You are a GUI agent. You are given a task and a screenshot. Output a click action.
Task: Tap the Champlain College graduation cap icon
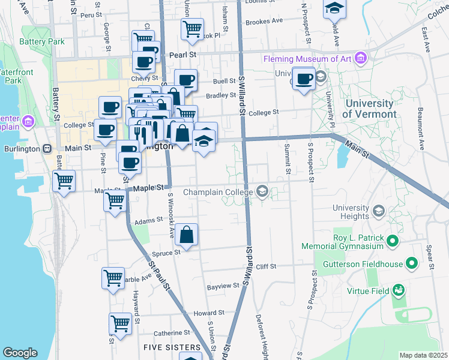pyautogui.click(x=262, y=192)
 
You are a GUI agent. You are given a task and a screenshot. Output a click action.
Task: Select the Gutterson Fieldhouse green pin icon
pyautogui.click(x=412, y=263)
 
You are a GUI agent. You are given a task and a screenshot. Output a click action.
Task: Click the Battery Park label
pyautogui.click(x=42, y=42)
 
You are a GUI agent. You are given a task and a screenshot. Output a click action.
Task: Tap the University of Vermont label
pyautogui.click(x=370, y=109)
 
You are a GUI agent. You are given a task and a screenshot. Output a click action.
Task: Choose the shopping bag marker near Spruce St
pyautogui.click(x=187, y=236)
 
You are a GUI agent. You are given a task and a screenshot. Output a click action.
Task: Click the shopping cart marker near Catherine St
pyautogui.click(x=120, y=323)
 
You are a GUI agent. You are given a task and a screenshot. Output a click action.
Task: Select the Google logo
pyautogui.click(x=20, y=353)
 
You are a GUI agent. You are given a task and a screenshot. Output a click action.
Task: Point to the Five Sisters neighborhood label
pyautogui.click(x=172, y=347)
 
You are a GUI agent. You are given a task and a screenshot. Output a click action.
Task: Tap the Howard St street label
pyautogui.click(x=209, y=313)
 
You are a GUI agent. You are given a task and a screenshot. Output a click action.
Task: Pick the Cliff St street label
pyautogui.click(x=265, y=266)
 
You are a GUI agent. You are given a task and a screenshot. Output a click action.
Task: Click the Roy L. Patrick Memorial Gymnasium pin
pyautogui.click(x=393, y=241)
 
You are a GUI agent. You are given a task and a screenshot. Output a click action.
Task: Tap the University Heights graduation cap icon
pyautogui.click(x=378, y=211)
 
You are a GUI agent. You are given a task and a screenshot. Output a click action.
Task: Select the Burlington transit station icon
pyautogui.click(x=47, y=148)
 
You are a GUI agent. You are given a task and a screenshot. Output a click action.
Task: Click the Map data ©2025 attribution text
pyautogui.click(x=423, y=355)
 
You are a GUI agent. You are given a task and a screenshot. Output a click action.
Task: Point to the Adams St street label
pyautogui.click(x=145, y=221)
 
